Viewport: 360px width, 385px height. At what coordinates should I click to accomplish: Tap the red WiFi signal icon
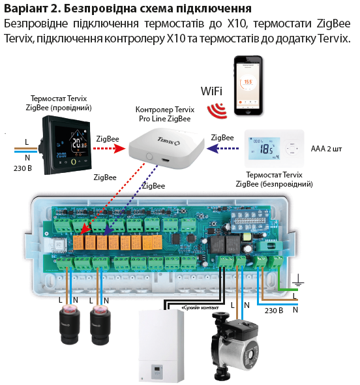[x=217, y=110]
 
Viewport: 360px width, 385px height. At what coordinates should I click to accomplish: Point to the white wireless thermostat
[x=277, y=147]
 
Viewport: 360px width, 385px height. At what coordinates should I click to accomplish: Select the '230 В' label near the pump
[x=273, y=311]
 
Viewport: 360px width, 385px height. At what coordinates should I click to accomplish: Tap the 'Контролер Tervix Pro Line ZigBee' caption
[x=163, y=114]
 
